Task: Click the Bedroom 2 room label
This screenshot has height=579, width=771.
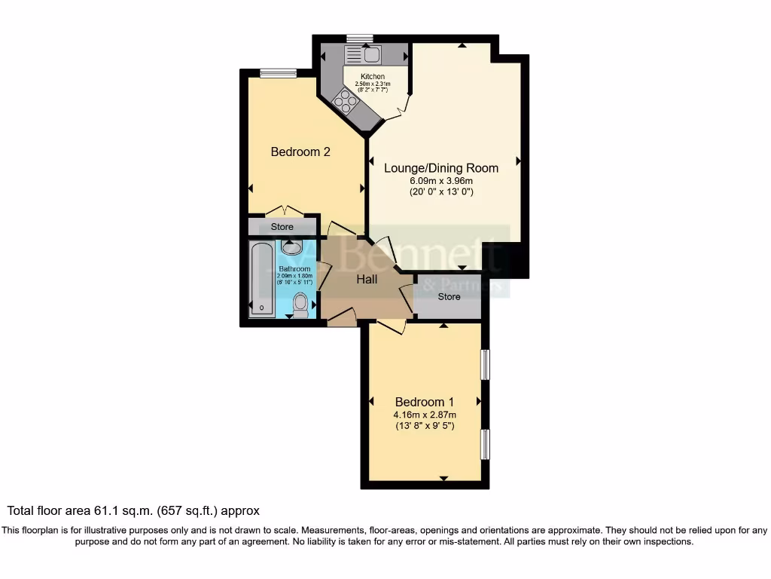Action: click(300, 152)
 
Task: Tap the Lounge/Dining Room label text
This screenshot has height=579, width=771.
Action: click(441, 168)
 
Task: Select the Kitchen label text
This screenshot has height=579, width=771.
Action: click(373, 77)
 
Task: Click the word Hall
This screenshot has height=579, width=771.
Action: click(367, 280)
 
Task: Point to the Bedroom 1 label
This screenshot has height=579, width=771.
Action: click(425, 402)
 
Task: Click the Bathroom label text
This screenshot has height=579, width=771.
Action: click(294, 269)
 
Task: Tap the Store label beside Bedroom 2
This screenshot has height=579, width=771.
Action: click(282, 227)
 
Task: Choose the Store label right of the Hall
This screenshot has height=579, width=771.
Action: click(449, 297)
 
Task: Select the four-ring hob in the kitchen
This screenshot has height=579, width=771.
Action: click(346, 100)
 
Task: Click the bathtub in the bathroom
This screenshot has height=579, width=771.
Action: click(261, 279)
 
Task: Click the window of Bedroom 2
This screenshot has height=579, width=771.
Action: click(279, 73)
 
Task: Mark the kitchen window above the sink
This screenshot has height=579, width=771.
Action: click(359, 38)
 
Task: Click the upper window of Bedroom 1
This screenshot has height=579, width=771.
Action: click(486, 365)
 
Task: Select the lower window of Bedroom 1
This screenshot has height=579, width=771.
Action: click(486, 444)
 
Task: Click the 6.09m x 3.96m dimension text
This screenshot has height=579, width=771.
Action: click(441, 181)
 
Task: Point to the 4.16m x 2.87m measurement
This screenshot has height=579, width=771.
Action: click(425, 415)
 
